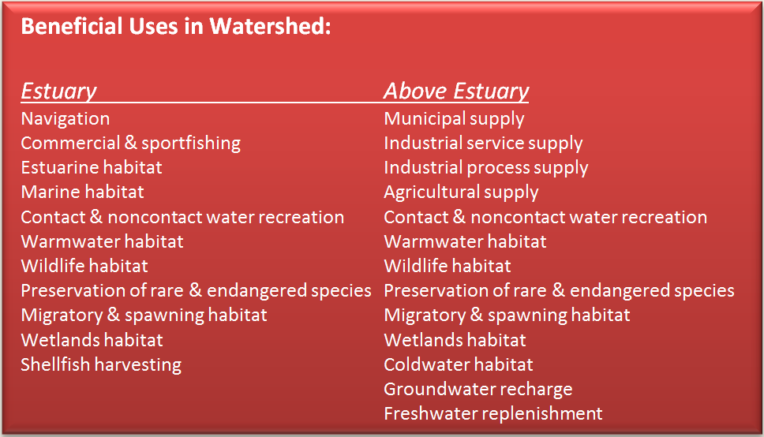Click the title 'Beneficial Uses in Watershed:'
pos(176,26)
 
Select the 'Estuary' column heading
pos(59,92)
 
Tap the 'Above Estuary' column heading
pos(456,92)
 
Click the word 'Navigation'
pos(66,119)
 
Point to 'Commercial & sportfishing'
pos(130,144)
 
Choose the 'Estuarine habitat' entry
pos(92,167)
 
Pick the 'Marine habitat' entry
pos(82,192)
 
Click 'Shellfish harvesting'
pos(101,365)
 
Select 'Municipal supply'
pos(454,119)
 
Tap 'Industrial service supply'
pos(483,144)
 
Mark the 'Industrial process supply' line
pos(486,168)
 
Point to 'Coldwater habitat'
pos(459,364)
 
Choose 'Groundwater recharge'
pos(478,390)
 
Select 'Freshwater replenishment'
pos(493,414)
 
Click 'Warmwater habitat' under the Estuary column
pos(103,241)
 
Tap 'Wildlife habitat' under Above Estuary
pos(448,266)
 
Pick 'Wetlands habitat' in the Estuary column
pos(92,340)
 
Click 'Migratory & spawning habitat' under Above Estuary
pos(507,316)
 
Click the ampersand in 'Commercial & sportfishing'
pos(130,143)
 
